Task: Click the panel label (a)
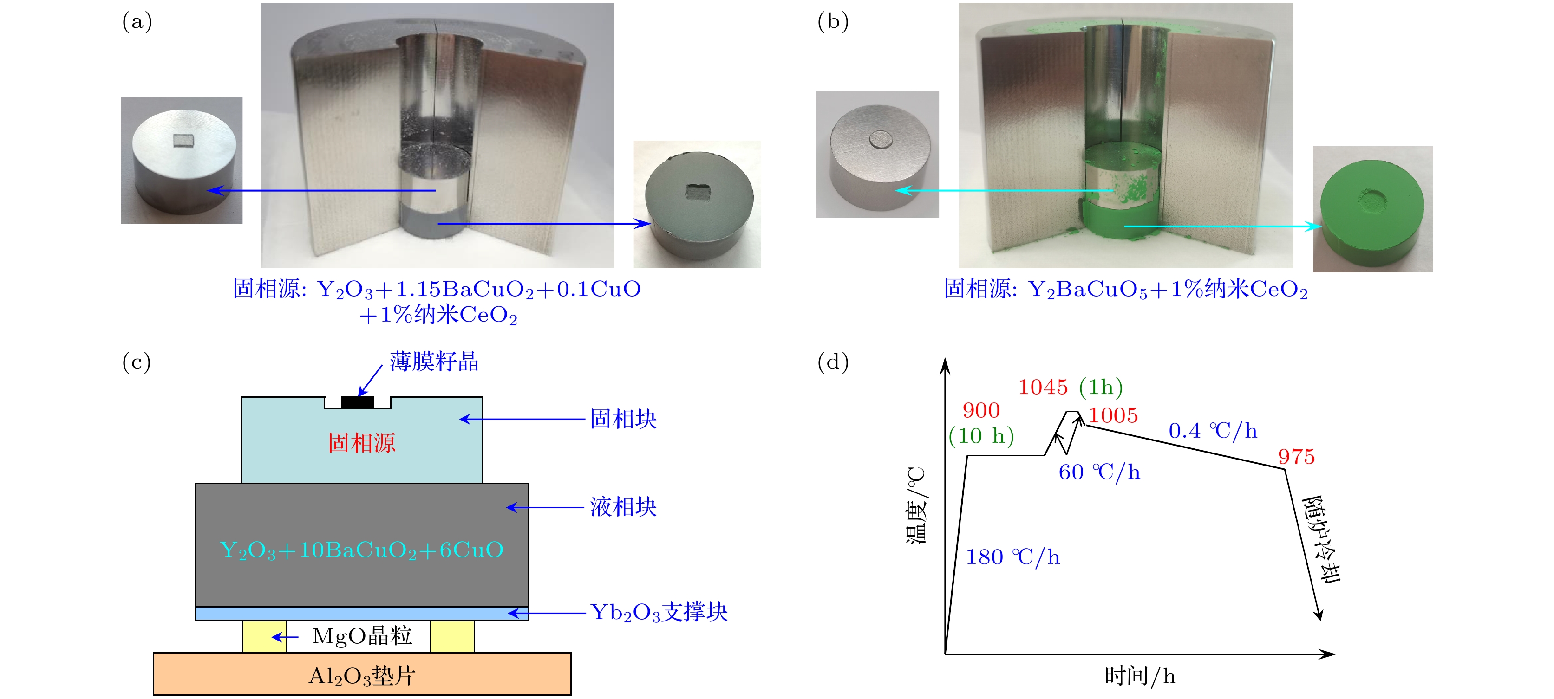click(137, 22)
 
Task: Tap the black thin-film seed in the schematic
click(357, 401)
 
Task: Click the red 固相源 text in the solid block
click(361, 443)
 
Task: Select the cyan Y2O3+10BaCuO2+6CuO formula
click(361, 550)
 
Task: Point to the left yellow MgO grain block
click(264, 636)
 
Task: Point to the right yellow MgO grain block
click(452, 636)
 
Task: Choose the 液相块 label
click(623, 506)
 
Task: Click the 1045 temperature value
click(1043, 387)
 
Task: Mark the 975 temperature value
click(1296, 457)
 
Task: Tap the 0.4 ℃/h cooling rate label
click(1213, 431)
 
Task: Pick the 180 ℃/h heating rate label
click(1012, 557)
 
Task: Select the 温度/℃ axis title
click(916, 505)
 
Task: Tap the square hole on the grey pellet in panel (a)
click(699, 193)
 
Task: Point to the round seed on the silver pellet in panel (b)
click(881, 139)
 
